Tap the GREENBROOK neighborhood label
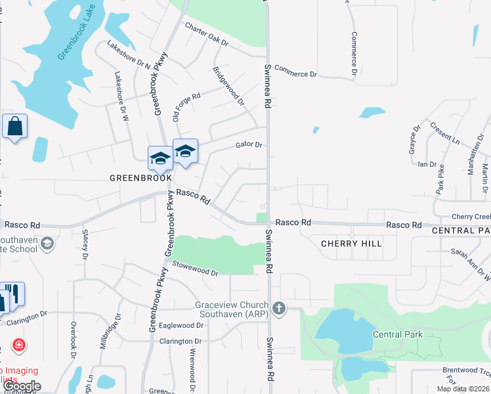point(140,178)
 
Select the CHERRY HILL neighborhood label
point(351,244)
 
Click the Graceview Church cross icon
point(280,308)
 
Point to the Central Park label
point(397,334)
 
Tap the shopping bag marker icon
point(14,125)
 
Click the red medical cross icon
point(18,345)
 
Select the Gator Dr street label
point(249,145)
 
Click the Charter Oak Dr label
point(205,35)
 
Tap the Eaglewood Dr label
point(182,325)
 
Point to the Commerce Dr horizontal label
point(295,70)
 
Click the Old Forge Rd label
point(186,107)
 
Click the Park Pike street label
point(440,177)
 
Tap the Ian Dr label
point(427,164)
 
